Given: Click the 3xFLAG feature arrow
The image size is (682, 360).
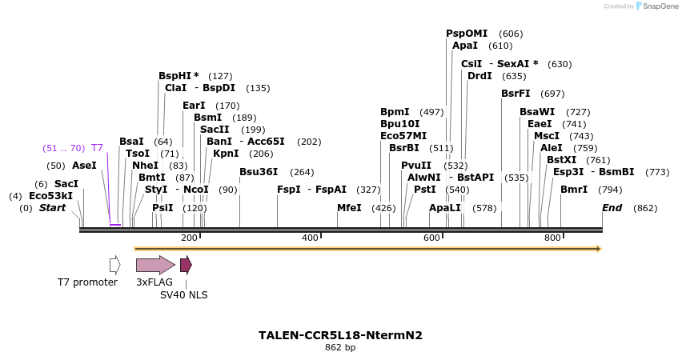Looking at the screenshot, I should (154, 265).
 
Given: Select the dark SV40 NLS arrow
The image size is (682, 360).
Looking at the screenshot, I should (186, 265).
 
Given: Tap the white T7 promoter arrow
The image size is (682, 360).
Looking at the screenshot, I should (115, 265).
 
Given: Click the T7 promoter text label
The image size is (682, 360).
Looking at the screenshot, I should (87, 282).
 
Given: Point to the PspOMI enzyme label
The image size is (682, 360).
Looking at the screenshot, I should (467, 34).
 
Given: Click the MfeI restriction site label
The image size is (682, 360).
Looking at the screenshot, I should (349, 208).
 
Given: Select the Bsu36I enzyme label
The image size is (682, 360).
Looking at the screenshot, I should (259, 172).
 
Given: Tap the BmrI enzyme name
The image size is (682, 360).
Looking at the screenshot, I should (574, 190).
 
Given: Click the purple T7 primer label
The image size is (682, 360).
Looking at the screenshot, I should (97, 148).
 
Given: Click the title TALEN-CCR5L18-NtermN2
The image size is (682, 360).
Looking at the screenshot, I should (340, 335).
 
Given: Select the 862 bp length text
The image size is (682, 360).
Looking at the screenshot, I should (340, 348).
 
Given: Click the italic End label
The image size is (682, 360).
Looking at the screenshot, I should (612, 208).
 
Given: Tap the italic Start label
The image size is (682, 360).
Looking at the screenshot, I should (53, 208).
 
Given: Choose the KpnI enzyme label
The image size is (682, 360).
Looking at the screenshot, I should (226, 154).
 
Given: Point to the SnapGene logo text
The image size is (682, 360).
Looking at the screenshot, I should (660, 6).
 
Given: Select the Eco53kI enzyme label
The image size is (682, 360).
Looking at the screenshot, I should (50, 196).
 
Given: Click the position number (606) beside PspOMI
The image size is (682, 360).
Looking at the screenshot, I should (511, 34).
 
